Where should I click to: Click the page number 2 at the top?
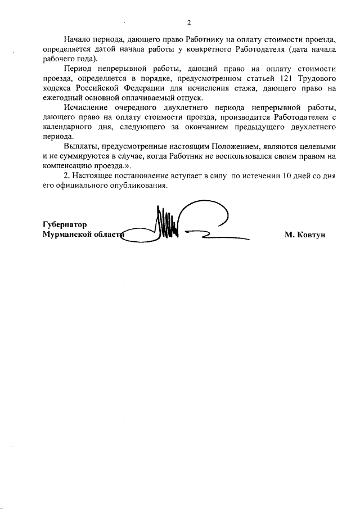point(189,23)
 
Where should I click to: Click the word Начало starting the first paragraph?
point(79,40)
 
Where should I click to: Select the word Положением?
point(228,145)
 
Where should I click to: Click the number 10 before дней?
point(287,175)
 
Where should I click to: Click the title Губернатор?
point(66,224)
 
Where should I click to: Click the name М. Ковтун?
point(304,234)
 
